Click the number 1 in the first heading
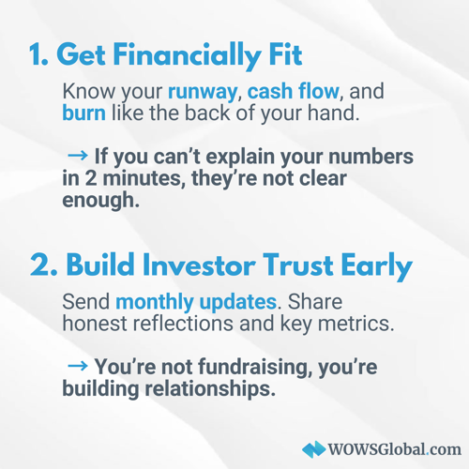[35, 54]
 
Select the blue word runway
[203, 93]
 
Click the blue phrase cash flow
[294, 91]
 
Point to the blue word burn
[83, 113]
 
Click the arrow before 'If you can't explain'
[78, 155]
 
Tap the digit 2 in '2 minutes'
[91, 178]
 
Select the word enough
[100, 201]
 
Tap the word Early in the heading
[377, 266]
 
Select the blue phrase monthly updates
[196, 303]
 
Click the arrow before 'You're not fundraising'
[78, 366]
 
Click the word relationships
[207, 389]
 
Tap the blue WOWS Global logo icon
[313, 449]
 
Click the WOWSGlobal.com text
[394, 449]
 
